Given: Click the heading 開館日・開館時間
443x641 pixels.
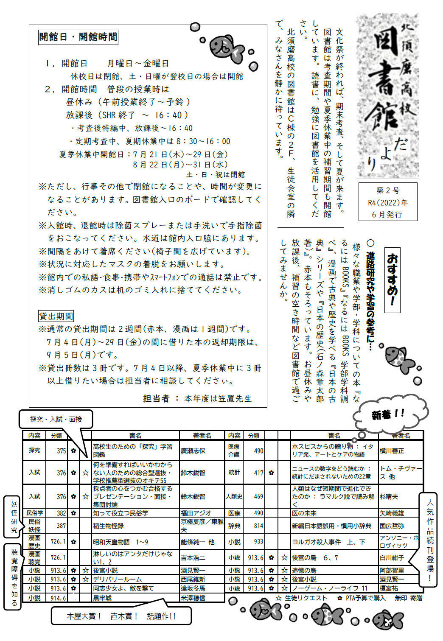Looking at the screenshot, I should pyautogui.click(x=78, y=37).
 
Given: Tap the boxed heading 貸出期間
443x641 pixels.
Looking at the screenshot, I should pyautogui.click(x=56, y=316).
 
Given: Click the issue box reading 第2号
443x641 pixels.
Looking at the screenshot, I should pyautogui.click(x=388, y=202).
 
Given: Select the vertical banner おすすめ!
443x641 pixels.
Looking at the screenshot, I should pyautogui.click(x=393, y=280).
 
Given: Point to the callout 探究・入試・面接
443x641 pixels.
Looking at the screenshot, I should pyautogui.click(x=56, y=419).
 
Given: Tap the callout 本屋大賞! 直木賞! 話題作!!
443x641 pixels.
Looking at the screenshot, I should pyautogui.click(x=121, y=616).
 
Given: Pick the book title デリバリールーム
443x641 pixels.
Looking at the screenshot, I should pyautogui.click(x=118, y=579).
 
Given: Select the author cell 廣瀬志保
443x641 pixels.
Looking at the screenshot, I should pyautogui.click(x=193, y=451).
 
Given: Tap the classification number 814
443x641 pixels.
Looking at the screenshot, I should pyautogui.click(x=258, y=526).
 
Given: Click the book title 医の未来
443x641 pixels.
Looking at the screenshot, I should pyautogui.click(x=304, y=513).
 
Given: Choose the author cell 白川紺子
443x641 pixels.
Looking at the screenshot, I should pyautogui.click(x=392, y=558).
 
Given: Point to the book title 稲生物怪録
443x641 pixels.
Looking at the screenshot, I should pyautogui.click(x=108, y=526).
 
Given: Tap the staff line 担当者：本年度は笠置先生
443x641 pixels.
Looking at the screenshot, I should pyautogui.click(x=197, y=399).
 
